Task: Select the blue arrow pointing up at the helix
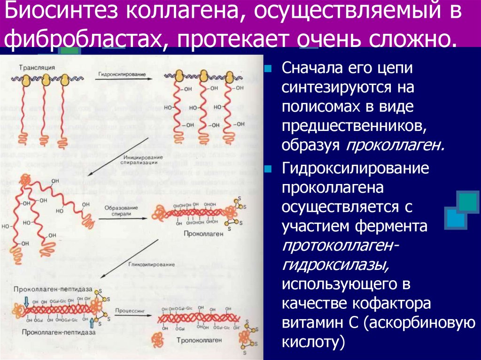pyautogui.click(x=91, y=322)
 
